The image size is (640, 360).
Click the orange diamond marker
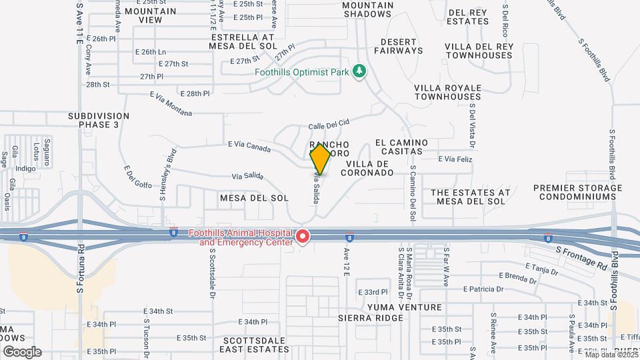[321, 159]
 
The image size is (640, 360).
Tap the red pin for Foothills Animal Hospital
[303, 236]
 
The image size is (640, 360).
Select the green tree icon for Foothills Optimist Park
[359, 71]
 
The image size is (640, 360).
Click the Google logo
[21, 351]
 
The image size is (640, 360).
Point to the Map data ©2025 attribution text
[611, 354]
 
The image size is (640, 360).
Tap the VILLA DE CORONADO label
[367, 167]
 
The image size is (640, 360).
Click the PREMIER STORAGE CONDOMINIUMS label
[577, 192]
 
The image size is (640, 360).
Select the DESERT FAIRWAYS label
[398, 45]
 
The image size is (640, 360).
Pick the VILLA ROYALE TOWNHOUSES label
[447, 92]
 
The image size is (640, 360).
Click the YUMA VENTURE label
[404, 307]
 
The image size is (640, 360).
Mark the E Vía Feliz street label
[455, 159]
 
